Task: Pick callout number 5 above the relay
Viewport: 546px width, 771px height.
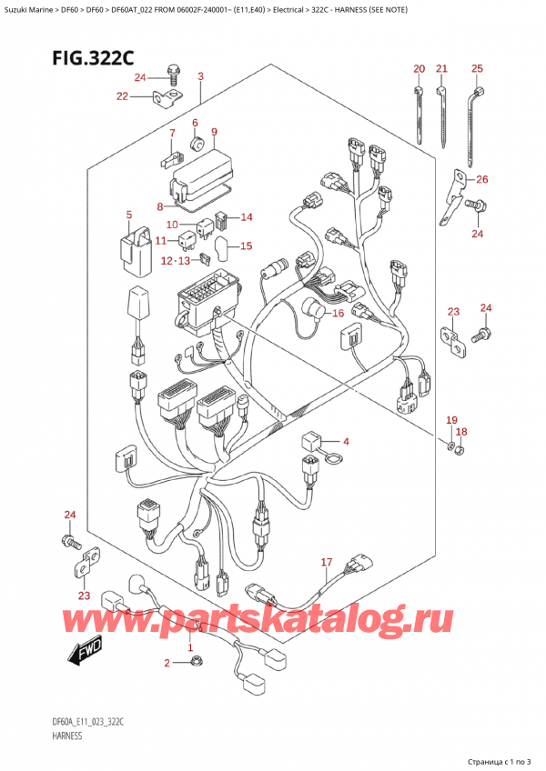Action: point(128,215)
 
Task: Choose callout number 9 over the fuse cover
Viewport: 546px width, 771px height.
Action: point(214,132)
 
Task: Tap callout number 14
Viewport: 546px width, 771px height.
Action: point(246,217)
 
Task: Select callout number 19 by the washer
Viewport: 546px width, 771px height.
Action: point(450,418)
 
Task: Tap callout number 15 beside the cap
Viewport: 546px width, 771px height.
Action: point(246,245)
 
